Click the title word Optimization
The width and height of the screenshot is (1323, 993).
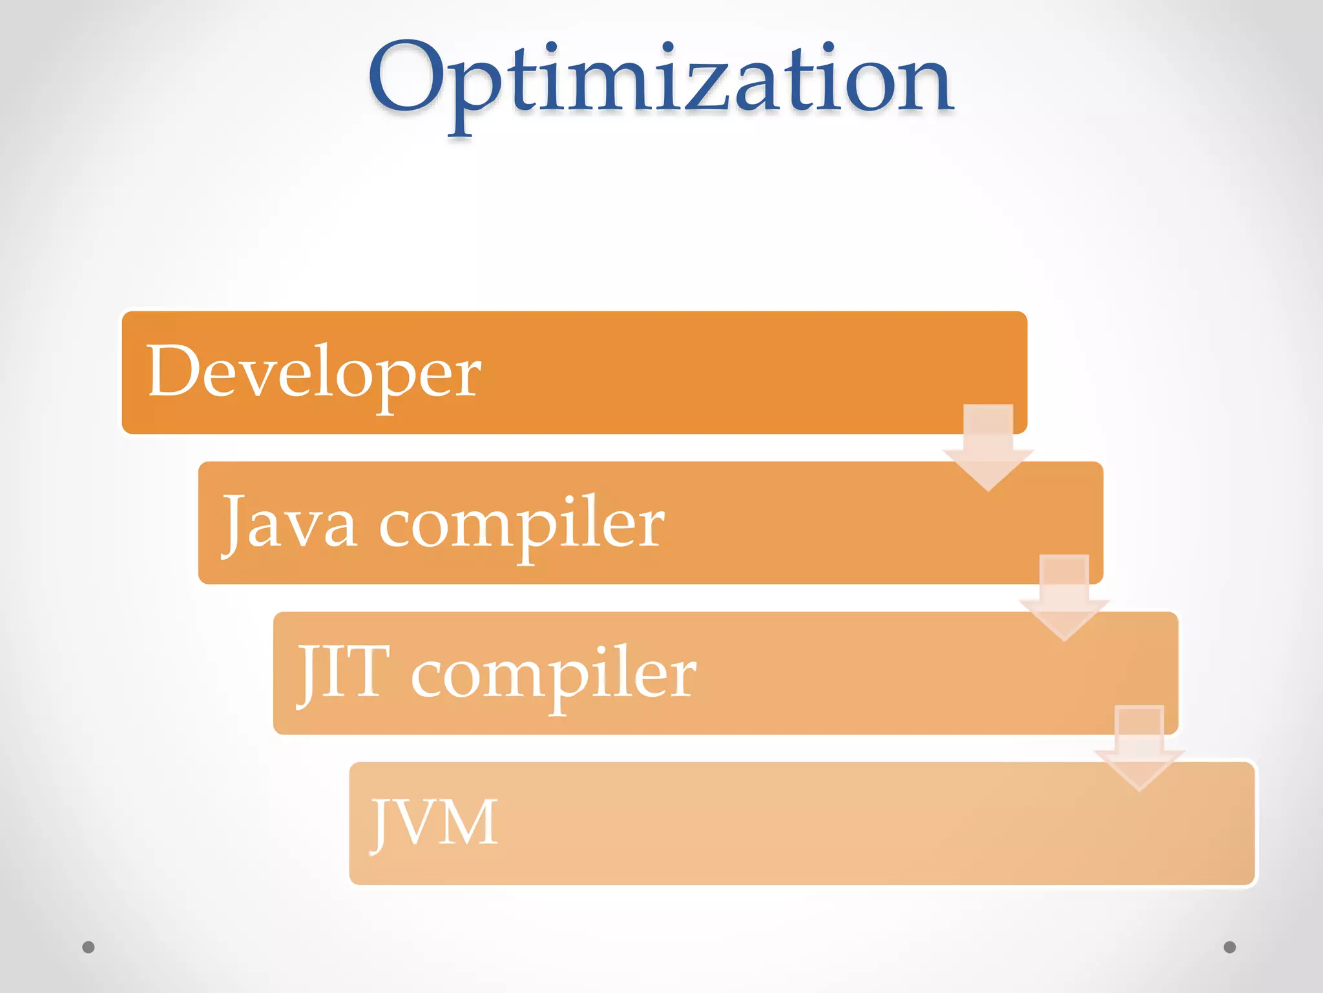pyautogui.click(x=660, y=81)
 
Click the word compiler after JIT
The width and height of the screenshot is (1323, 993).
pyautogui.click(x=554, y=676)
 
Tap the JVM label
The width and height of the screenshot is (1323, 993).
pyautogui.click(x=434, y=822)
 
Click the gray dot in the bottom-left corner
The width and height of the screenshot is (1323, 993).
pyautogui.click(x=89, y=947)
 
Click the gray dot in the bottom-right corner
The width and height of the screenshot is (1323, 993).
pyautogui.click(x=1229, y=947)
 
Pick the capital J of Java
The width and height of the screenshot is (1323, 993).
pyautogui.click(x=234, y=522)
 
